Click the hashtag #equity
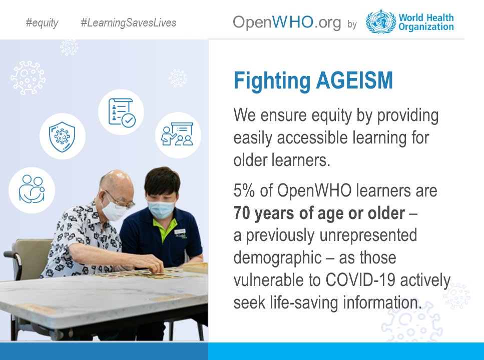pyautogui.click(x=42, y=23)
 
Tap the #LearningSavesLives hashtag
pyautogui.click(x=128, y=23)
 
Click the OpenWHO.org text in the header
pyautogui.click(x=287, y=22)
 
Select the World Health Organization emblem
pyautogui.click(x=380, y=21)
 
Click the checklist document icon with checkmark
pyautogui.click(x=121, y=112)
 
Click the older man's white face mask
pyautogui.click(x=115, y=209)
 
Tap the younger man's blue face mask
pyautogui.click(x=161, y=209)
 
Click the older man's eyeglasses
pyautogui.click(x=122, y=200)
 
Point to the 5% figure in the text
pyautogui.click(x=244, y=190)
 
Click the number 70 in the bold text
pyautogui.click(x=242, y=213)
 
